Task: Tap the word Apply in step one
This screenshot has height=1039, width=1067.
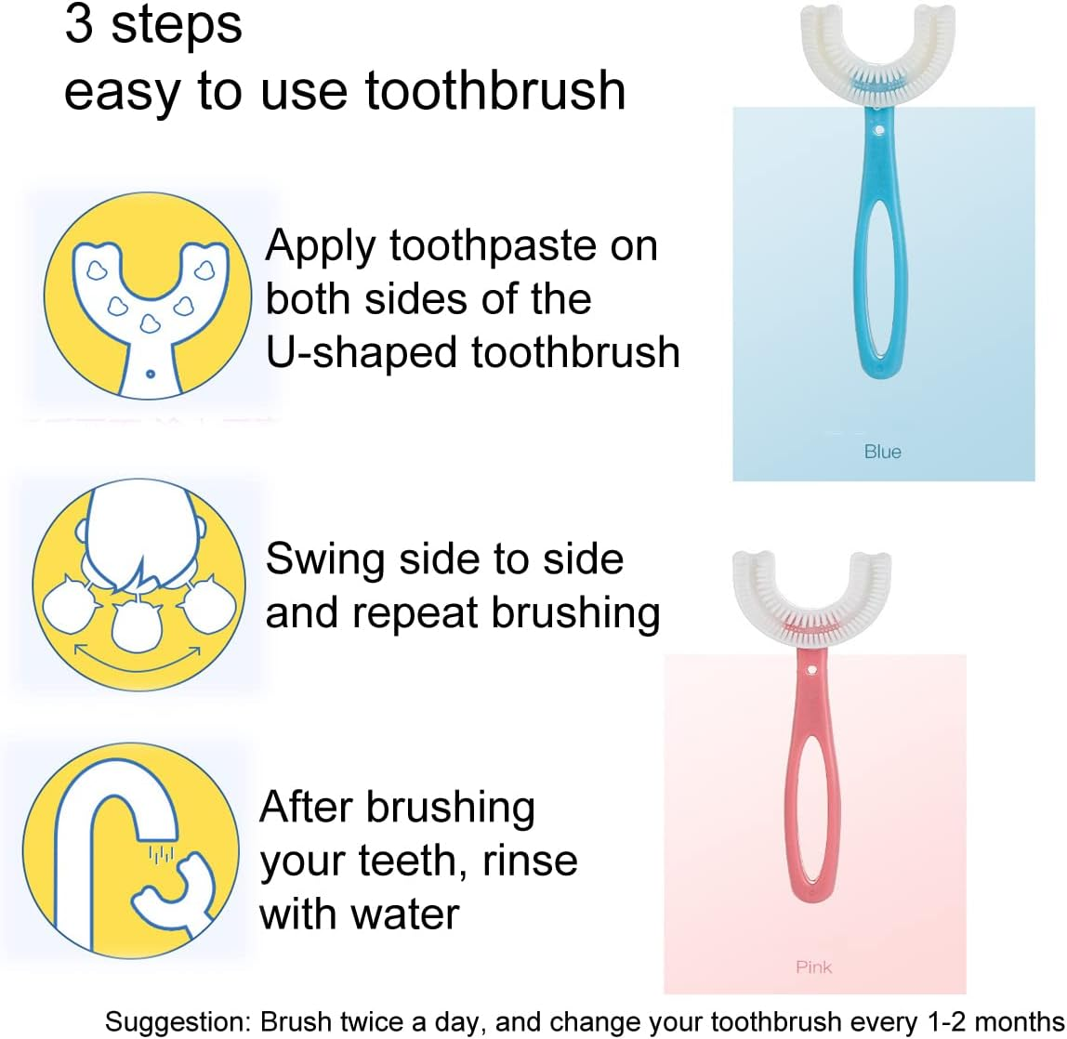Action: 321,247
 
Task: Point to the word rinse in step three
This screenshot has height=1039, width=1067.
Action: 530,861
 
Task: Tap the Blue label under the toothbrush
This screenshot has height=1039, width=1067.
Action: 882,452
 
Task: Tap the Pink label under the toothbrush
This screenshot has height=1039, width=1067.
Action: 813,967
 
